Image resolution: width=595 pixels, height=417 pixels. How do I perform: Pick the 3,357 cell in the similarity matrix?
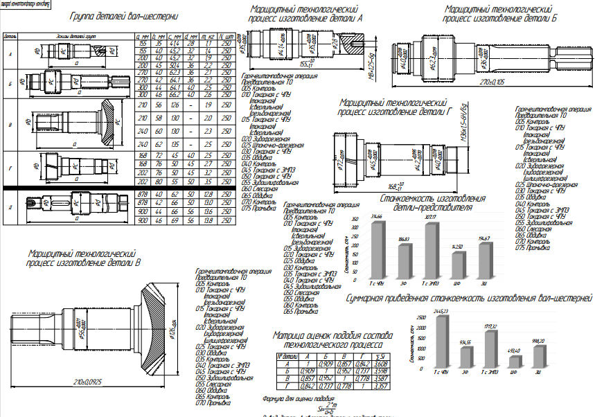pyautogui.click(x=380, y=387)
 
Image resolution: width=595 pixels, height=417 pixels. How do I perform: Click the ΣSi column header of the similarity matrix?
pyautogui.click(x=380, y=356)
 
